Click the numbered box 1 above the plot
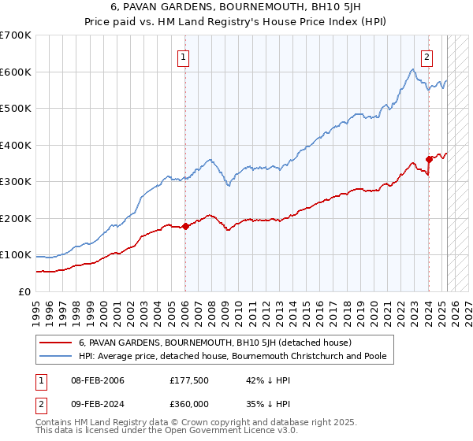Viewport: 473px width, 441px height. (183, 57)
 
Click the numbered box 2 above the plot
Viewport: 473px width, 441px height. (426, 57)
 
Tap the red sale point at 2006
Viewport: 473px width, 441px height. (185, 226)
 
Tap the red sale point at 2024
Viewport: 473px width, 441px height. (429, 159)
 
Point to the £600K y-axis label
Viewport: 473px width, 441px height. (15, 72)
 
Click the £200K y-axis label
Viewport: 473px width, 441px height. (15, 218)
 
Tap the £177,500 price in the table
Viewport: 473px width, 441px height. (187, 381)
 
